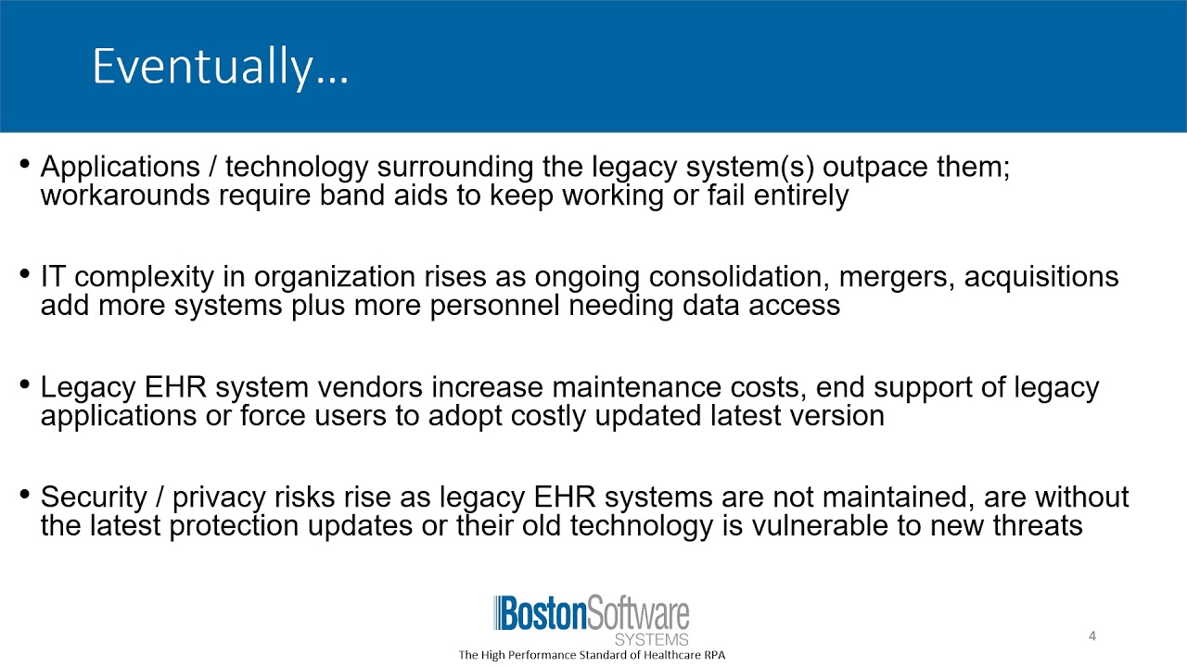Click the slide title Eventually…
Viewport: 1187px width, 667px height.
(x=220, y=68)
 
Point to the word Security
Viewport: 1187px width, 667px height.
(x=94, y=497)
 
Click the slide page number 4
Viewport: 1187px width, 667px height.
(x=1092, y=636)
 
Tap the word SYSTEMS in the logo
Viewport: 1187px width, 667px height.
(x=652, y=639)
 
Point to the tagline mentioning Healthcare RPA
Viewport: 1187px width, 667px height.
(x=592, y=655)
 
